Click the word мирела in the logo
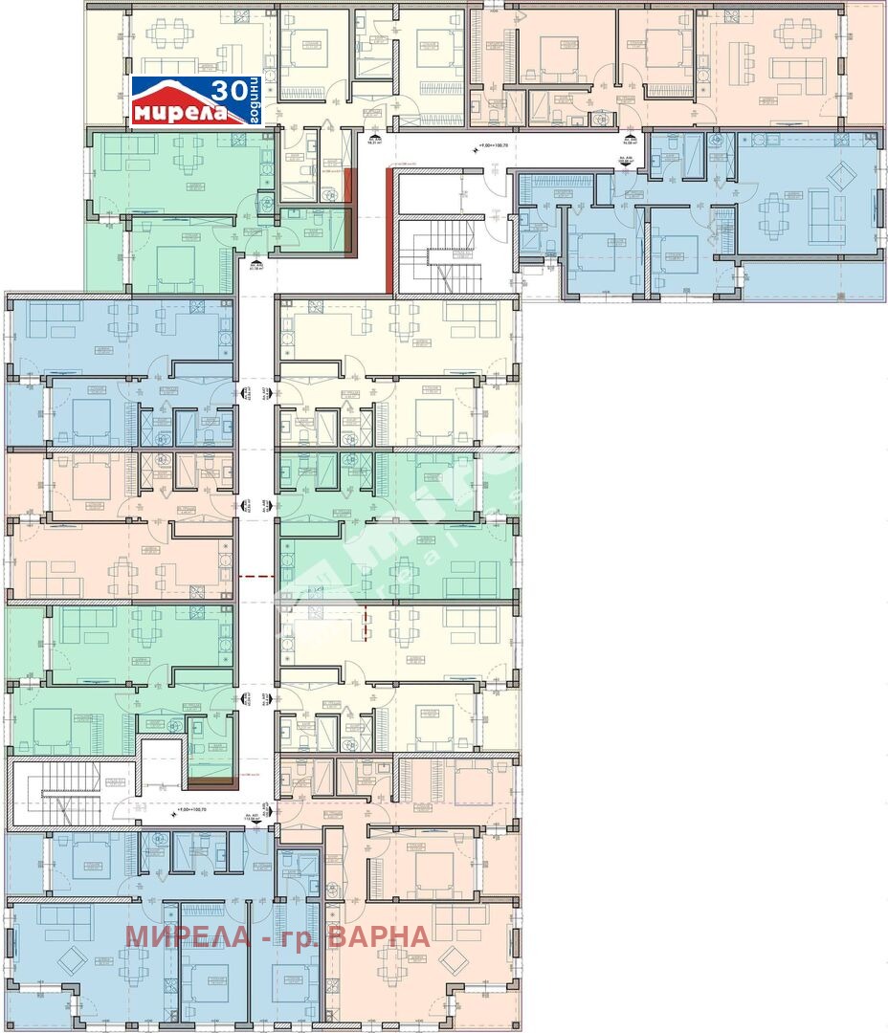[179, 113]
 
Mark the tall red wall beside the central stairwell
[389, 231]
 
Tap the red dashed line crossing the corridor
[255, 577]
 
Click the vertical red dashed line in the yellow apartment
[365, 622]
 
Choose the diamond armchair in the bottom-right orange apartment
[453, 962]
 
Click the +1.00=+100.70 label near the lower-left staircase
[193, 810]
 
